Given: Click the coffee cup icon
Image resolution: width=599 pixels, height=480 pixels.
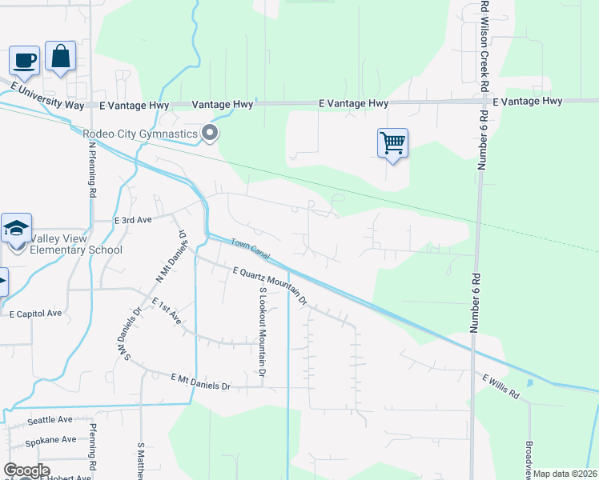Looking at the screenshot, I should [x=24, y=60].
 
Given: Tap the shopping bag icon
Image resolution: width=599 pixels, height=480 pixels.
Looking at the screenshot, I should [x=60, y=56].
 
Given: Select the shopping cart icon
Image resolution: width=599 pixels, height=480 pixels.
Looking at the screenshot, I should [x=392, y=143].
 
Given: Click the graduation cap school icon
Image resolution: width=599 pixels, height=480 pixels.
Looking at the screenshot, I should [x=16, y=229].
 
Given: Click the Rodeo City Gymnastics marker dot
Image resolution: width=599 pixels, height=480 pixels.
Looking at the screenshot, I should [x=211, y=134].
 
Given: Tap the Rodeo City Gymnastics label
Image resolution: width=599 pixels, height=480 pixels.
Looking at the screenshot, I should [x=140, y=134].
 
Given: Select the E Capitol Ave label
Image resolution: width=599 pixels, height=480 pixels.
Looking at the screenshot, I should [x=35, y=314].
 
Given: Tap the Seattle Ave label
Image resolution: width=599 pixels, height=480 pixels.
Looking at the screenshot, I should [x=50, y=419].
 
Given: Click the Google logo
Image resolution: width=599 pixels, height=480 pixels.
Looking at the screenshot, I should [x=26, y=470].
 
